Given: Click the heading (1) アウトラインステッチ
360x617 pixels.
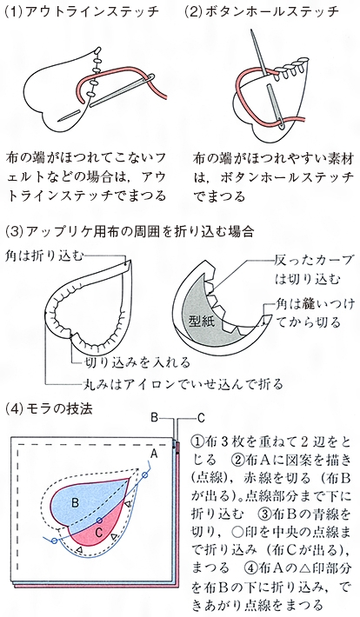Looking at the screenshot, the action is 82,11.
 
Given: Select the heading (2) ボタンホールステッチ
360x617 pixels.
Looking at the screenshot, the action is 262,11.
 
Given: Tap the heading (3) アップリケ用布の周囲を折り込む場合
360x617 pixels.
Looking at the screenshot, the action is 129,231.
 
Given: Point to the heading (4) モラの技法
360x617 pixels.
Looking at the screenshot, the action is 49,408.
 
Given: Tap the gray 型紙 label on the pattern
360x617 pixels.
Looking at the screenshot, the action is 201,321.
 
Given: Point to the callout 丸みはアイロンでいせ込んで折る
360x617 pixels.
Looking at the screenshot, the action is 183,383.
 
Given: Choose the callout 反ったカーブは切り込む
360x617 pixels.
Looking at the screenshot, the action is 314,270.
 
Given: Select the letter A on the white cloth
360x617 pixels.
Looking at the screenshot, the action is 154,454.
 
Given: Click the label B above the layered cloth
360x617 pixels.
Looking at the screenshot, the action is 155,417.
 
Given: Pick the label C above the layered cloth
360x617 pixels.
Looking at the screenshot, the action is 201,417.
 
